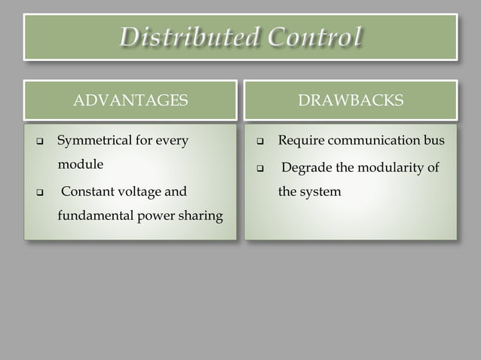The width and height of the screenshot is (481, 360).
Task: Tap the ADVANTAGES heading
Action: (130, 101)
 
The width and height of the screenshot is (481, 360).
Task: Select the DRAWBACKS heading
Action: (351, 101)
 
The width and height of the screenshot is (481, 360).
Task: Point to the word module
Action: (80, 164)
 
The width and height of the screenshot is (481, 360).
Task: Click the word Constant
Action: (89, 191)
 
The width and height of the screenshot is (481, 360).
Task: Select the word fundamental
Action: (95, 217)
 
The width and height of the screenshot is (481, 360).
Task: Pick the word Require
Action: (300, 140)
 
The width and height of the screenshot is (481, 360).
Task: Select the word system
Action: (323, 191)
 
